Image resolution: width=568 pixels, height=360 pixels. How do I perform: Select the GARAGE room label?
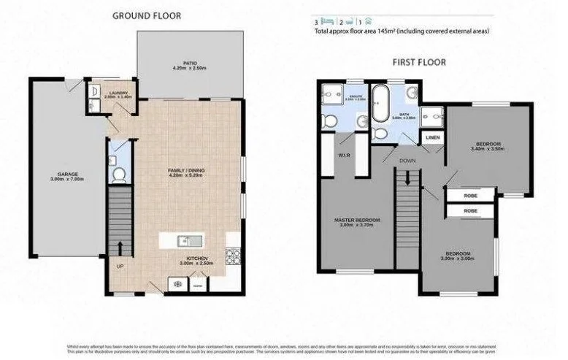pyautogui.click(x=67, y=175)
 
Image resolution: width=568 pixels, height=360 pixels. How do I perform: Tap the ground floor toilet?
pyautogui.click(x=118, y=175)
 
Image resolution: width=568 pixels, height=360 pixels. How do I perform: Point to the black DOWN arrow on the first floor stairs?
pyautogui.click(x=409, y=176)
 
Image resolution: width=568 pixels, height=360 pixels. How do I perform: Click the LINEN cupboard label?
pyautogui.click(x=432, y=137)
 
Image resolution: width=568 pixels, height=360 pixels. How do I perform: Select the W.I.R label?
pyautogui.click(x=343, y=154)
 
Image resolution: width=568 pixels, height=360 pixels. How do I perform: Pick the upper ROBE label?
pyautogui.click(x=470, y=195)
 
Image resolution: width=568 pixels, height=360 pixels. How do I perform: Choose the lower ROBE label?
pyautogui.click(x=470, y=210)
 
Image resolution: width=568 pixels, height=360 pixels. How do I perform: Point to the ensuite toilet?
pyautogui.click(x=330, y=120)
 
